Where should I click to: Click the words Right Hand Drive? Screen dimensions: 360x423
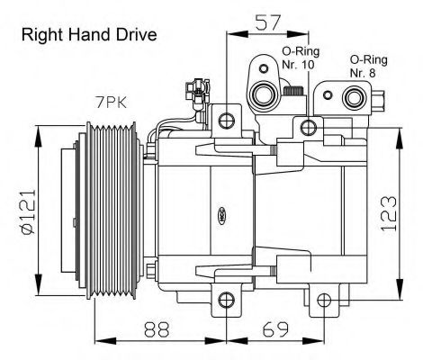(x=88, y=35)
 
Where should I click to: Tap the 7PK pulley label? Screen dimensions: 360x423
(x=112, y=103)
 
